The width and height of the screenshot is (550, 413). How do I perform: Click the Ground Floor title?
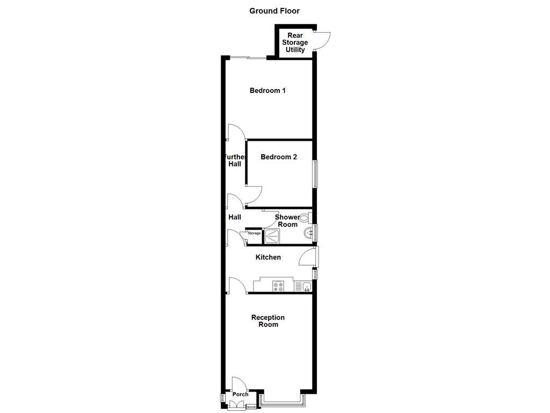point(274,11)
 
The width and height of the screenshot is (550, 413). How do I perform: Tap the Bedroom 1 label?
point(267,90)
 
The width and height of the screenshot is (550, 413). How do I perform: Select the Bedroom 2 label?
point(279,157)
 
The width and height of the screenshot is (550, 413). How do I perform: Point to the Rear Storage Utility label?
point(295,43)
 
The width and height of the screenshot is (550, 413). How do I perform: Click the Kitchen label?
point(268,257)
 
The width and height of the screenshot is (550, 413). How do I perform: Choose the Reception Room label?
point(268,321)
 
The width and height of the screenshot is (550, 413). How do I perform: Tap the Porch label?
point(240,394)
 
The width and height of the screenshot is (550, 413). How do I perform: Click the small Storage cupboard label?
point(254,233)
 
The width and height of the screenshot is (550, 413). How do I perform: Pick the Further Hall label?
point(235,160)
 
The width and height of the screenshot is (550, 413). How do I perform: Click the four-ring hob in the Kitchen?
point(278,286)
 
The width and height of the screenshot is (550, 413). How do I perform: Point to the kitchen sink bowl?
point(307,286)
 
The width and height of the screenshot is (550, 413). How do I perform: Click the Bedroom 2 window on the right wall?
point(316,174)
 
